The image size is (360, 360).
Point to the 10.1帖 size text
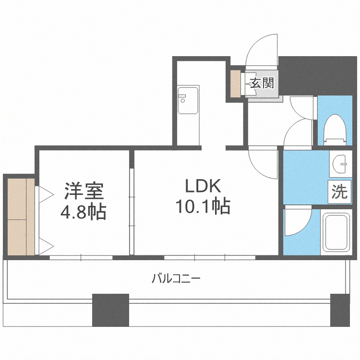pyautogui.click(x=202, y=207)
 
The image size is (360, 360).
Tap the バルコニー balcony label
pyautogui.click(x=176, y=278)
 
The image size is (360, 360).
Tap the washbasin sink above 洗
pyautogui.click(x=341, y=164)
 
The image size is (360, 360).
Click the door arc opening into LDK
pyautogui.click(x=263, y=163)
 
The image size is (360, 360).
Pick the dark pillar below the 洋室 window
pyautogui.click(x=110, y=310)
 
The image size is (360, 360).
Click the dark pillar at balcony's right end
pyautogui.click(x=340, y=310)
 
